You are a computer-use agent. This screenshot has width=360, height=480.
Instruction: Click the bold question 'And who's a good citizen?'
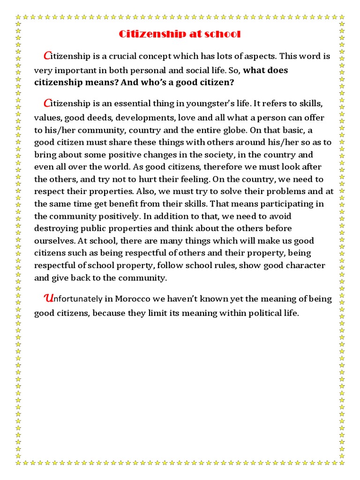(x=177, y=82)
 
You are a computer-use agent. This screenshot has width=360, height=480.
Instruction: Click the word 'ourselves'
(x=51, y=241)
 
